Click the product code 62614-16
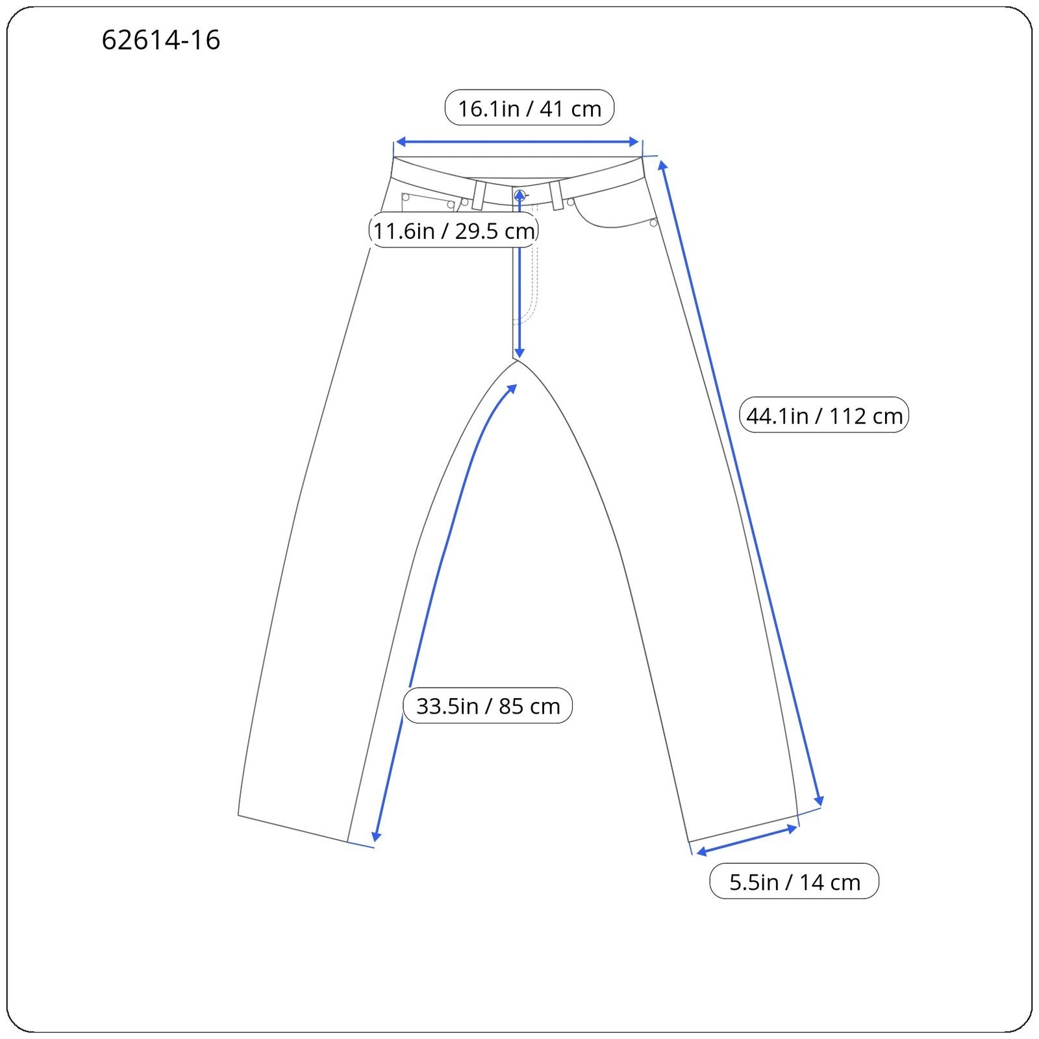tap(161, 40)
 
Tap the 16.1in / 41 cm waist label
tap(529, 108)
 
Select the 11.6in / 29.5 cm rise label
tap(453, 231)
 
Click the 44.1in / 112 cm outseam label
tap(824, 415)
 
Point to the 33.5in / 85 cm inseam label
tap(488, 705)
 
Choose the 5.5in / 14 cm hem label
tap(794, 881)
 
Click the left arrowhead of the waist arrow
tap(401, 142)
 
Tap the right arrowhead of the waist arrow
tap(634, 142)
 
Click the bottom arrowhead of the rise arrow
tap(519, 353)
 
